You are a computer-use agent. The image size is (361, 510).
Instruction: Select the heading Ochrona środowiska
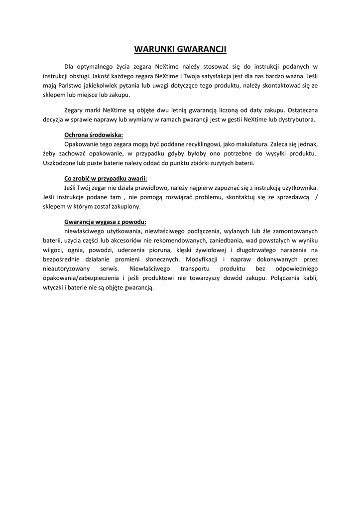pyautogui.click(x=94, y=135)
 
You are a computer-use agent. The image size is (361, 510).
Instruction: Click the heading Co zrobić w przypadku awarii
pyautogui.click(x=106, y=178)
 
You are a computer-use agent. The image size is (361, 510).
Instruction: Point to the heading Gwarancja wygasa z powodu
pyautogui.click(x=105, y=222)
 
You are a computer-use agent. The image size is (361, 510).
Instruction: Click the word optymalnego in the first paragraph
pyautogui.click(x=93, y=66)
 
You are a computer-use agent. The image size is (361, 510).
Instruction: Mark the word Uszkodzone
pyautogui.click(x=60, y=163)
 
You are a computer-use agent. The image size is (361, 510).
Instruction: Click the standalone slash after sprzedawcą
pyautogui.click(x=317, y=197)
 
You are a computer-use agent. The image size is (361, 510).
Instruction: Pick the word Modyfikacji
pyautogui.click(x=202, y=259)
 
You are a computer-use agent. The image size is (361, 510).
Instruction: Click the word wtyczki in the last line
pyautogui.click(x=54, y=288)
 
